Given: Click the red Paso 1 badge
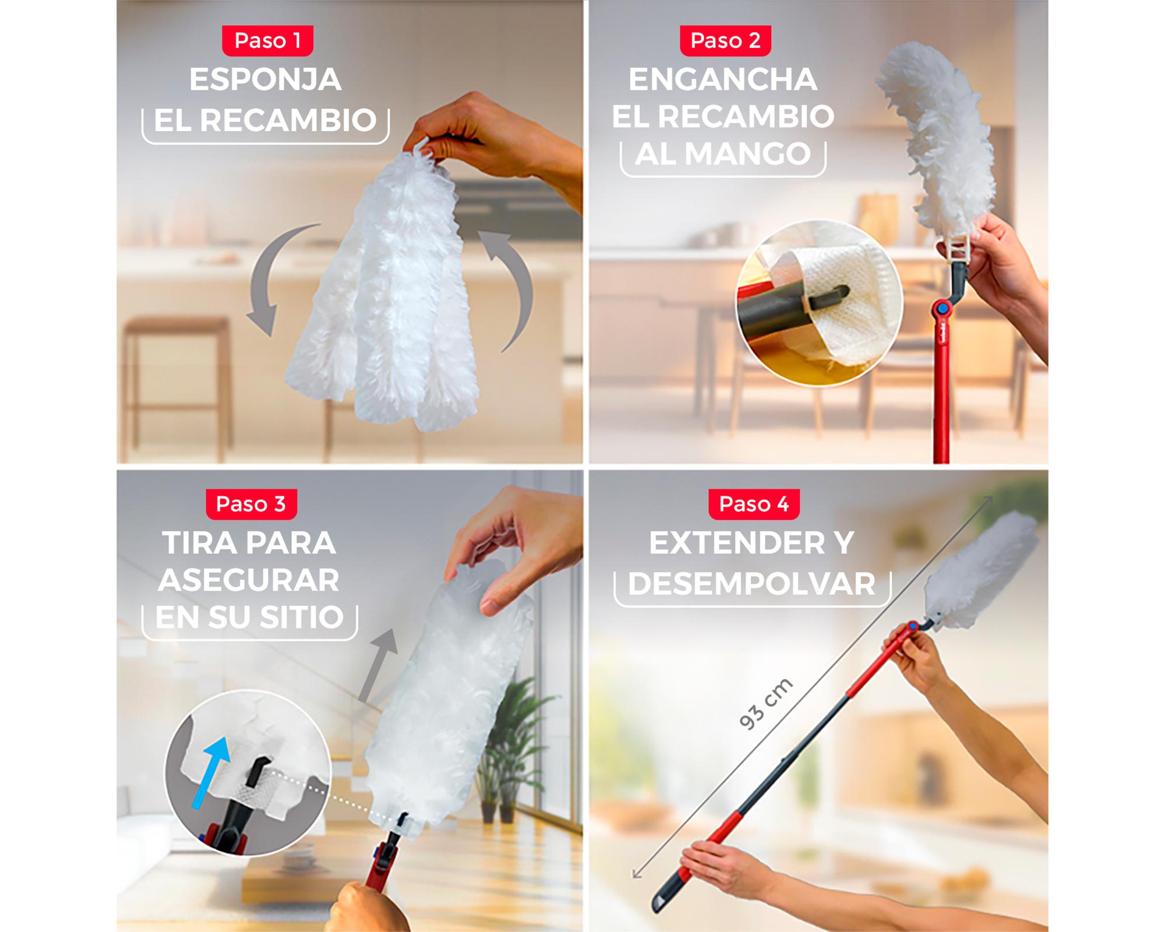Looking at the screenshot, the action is click(x=268, y=41).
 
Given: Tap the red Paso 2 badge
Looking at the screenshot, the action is click(x=725, y=41).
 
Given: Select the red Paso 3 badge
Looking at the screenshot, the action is click(x=251, y=504).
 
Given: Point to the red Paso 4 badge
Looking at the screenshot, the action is click(x=754, y=504).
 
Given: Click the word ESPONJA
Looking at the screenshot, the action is click(x=265, y=80).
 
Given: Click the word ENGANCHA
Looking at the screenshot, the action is click(x=723, y=80).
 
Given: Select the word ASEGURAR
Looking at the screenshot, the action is click(x=249, y=580).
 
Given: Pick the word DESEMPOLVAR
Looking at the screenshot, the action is click(x=752, y=584).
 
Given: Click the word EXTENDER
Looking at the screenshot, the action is click(x=728, y=543).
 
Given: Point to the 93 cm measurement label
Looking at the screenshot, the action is click(x=765, y=704).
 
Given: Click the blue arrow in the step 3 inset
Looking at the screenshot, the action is click(x=211, y=772).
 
